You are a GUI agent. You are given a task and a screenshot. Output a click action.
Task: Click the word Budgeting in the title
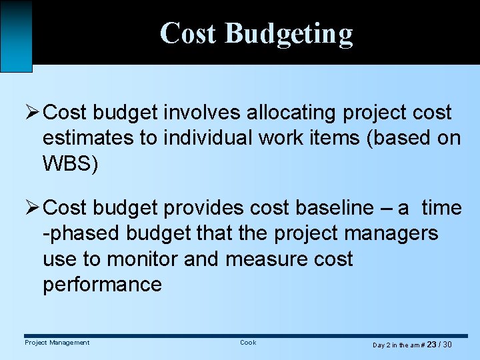[289, 33]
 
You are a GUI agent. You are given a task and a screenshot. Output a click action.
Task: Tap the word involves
[203, 113]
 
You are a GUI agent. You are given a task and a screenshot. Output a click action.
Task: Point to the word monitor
[142, 259]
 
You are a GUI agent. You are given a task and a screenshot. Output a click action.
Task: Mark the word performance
[102, 285]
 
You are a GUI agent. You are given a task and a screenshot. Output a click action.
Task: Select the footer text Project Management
[57, 343]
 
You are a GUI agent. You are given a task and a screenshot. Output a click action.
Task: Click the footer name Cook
[248, 343]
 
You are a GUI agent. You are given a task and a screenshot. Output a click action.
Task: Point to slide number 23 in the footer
[431, 345]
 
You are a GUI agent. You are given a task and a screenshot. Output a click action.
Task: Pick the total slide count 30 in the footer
[447, 345]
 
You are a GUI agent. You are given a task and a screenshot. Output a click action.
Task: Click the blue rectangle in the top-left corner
[16, 35]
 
